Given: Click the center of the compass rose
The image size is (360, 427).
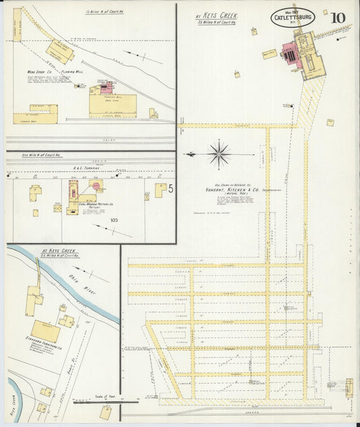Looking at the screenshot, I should click(x=219, y=154).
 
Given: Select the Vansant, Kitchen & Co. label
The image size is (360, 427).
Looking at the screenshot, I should click(x=235, y=191).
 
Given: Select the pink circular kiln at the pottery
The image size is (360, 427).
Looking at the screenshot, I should click(x=97, y=184).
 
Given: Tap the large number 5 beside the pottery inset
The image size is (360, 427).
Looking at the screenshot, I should click(x=171, y=189).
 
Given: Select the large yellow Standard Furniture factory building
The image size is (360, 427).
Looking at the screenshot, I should click(x=45, y=331).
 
